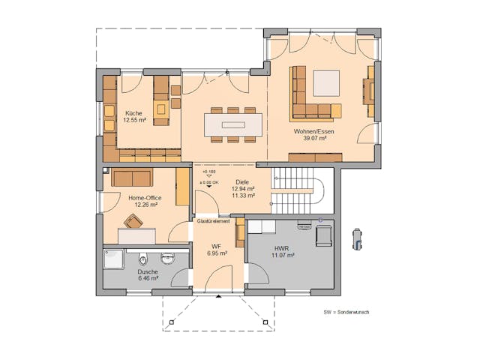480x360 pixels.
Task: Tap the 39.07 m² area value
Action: coord(313,139)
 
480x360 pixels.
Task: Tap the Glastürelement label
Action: coord(214,221)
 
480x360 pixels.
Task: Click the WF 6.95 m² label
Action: coord(216,250)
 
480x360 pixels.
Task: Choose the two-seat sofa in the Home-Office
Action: coord(132,177)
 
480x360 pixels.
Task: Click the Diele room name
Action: coord(241,181)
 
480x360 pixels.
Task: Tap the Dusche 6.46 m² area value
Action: coord(148,278)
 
